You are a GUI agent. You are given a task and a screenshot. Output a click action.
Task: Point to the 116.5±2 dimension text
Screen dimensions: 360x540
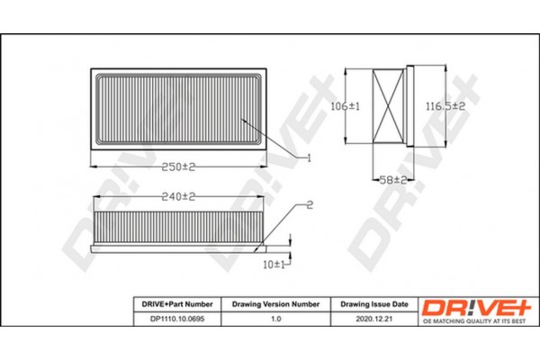point(445,106)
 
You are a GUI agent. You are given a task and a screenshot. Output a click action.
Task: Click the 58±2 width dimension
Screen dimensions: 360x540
point(393,180)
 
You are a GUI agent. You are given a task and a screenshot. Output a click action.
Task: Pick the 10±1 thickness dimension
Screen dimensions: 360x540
point(274,265)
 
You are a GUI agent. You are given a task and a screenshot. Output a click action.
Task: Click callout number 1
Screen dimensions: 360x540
point(307,157)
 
